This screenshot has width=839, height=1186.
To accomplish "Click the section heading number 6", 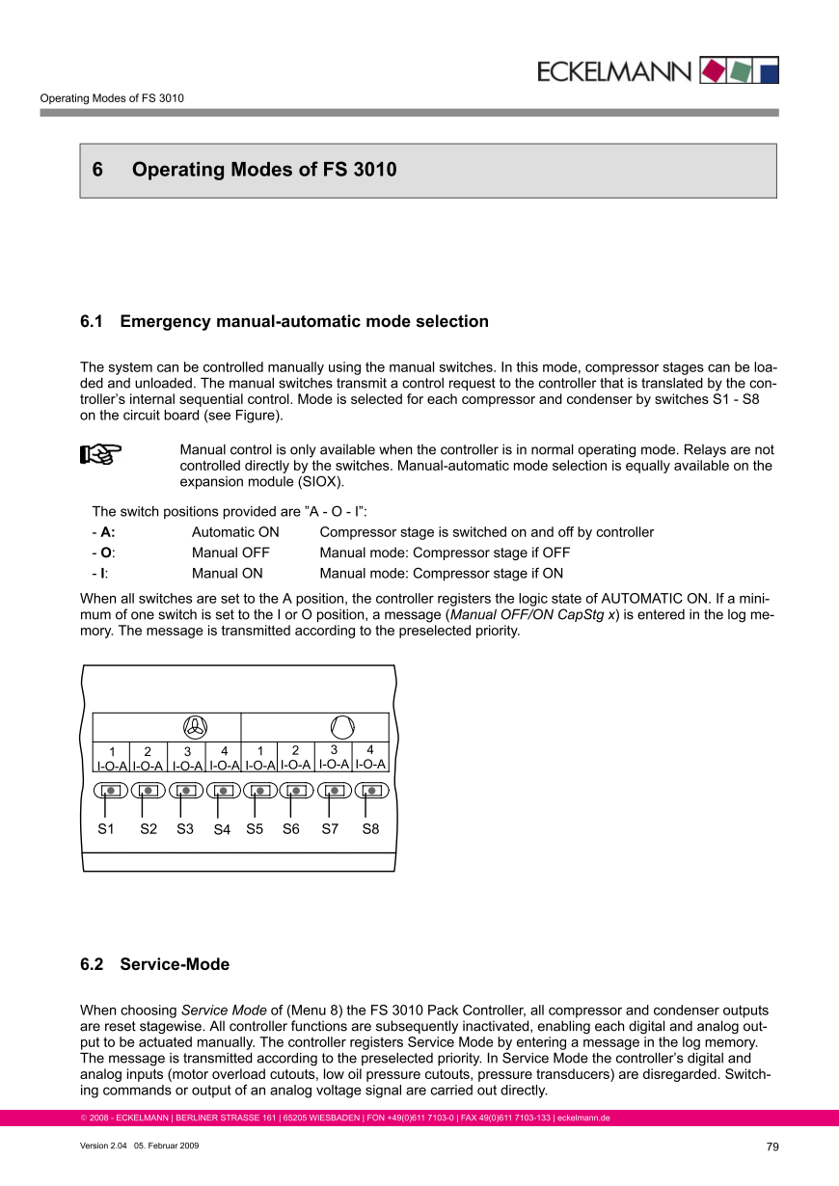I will (97, 171).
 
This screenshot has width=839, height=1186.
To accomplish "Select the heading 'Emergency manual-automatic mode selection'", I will (304, 321).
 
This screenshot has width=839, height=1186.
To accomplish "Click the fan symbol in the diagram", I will (195, 726).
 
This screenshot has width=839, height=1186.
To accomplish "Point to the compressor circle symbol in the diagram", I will (342, 726).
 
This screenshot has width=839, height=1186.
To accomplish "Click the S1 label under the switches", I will (106, 828).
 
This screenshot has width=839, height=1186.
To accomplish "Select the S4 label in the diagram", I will (222, 829).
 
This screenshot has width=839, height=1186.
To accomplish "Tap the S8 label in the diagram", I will (370, 828).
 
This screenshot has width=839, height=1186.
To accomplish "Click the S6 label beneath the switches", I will (290, 828).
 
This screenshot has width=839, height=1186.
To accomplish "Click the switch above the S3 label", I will (186, 791).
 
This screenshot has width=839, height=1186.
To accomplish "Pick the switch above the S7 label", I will (334, 791).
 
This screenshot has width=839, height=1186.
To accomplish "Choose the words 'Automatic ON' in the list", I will (235, 532).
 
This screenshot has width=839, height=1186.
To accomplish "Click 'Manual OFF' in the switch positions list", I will (230, 553).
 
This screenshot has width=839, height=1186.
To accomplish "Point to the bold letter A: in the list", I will (108, 532).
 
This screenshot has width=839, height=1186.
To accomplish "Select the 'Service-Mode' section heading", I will (175, 964).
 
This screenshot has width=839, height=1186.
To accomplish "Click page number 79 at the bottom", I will (772, 1146).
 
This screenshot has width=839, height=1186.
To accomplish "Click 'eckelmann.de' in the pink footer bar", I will (583, 1119).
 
